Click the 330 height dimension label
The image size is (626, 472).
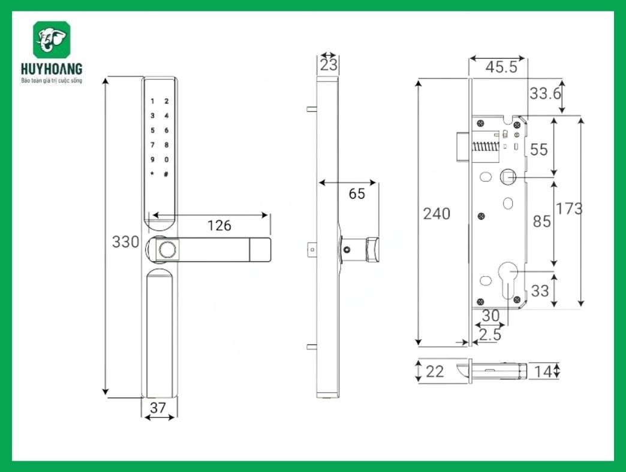point(126,242)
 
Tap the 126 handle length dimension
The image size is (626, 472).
point(219,225)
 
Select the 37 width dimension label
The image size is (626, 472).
point(158,408)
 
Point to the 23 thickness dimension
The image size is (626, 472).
point(329,65)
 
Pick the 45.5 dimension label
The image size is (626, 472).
point(501,67)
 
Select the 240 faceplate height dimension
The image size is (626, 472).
point(437,213)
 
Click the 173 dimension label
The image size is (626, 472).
point(568,208)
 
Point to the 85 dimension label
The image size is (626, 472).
point(541,221)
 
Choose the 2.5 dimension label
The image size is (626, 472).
point(490,335)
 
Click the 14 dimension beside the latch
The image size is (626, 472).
point(542,371)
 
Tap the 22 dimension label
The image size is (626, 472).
point(435,371)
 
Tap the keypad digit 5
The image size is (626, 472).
point(153,131)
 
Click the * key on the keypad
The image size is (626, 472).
point(153,174)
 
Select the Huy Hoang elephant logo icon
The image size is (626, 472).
point(52,40)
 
